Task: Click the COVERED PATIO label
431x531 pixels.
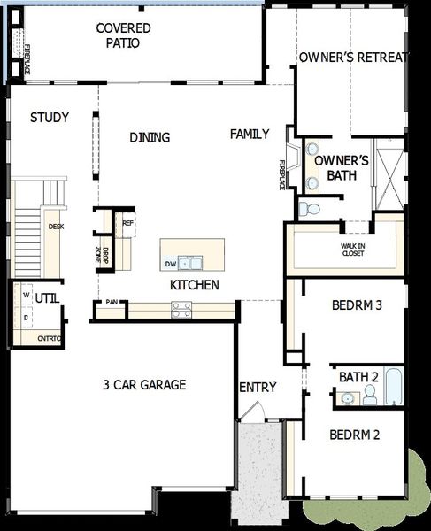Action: pyautogui.click(x=123, y=35)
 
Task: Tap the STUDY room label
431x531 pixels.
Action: pyautogui.click(x=50, y=118)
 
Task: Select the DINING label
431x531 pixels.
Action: pyautogui.click(x=150, y=137)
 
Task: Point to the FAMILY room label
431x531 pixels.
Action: pyautogui.click(x=250, y=134)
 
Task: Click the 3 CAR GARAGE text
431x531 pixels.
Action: pyautogui.click(x=144, y=384)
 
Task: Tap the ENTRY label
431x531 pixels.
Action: pyautogui.click(x=258, y=387)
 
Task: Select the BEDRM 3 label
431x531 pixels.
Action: pyautogui.click(x=357, y=305)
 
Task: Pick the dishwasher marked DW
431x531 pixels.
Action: pyautogui.click(x=170, y=264)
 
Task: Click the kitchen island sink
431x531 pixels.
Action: pyautogui.click(x=189, y=263)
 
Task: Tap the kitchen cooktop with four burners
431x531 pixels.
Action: pyautogui.click(x=181, y=309)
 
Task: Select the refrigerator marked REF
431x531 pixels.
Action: pyautogui.click(x=127, y=223)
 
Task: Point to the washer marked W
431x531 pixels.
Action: pyautogui.click(x=26, y=296)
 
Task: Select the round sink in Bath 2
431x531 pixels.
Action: pyautogui.click(x=348, y=400)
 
